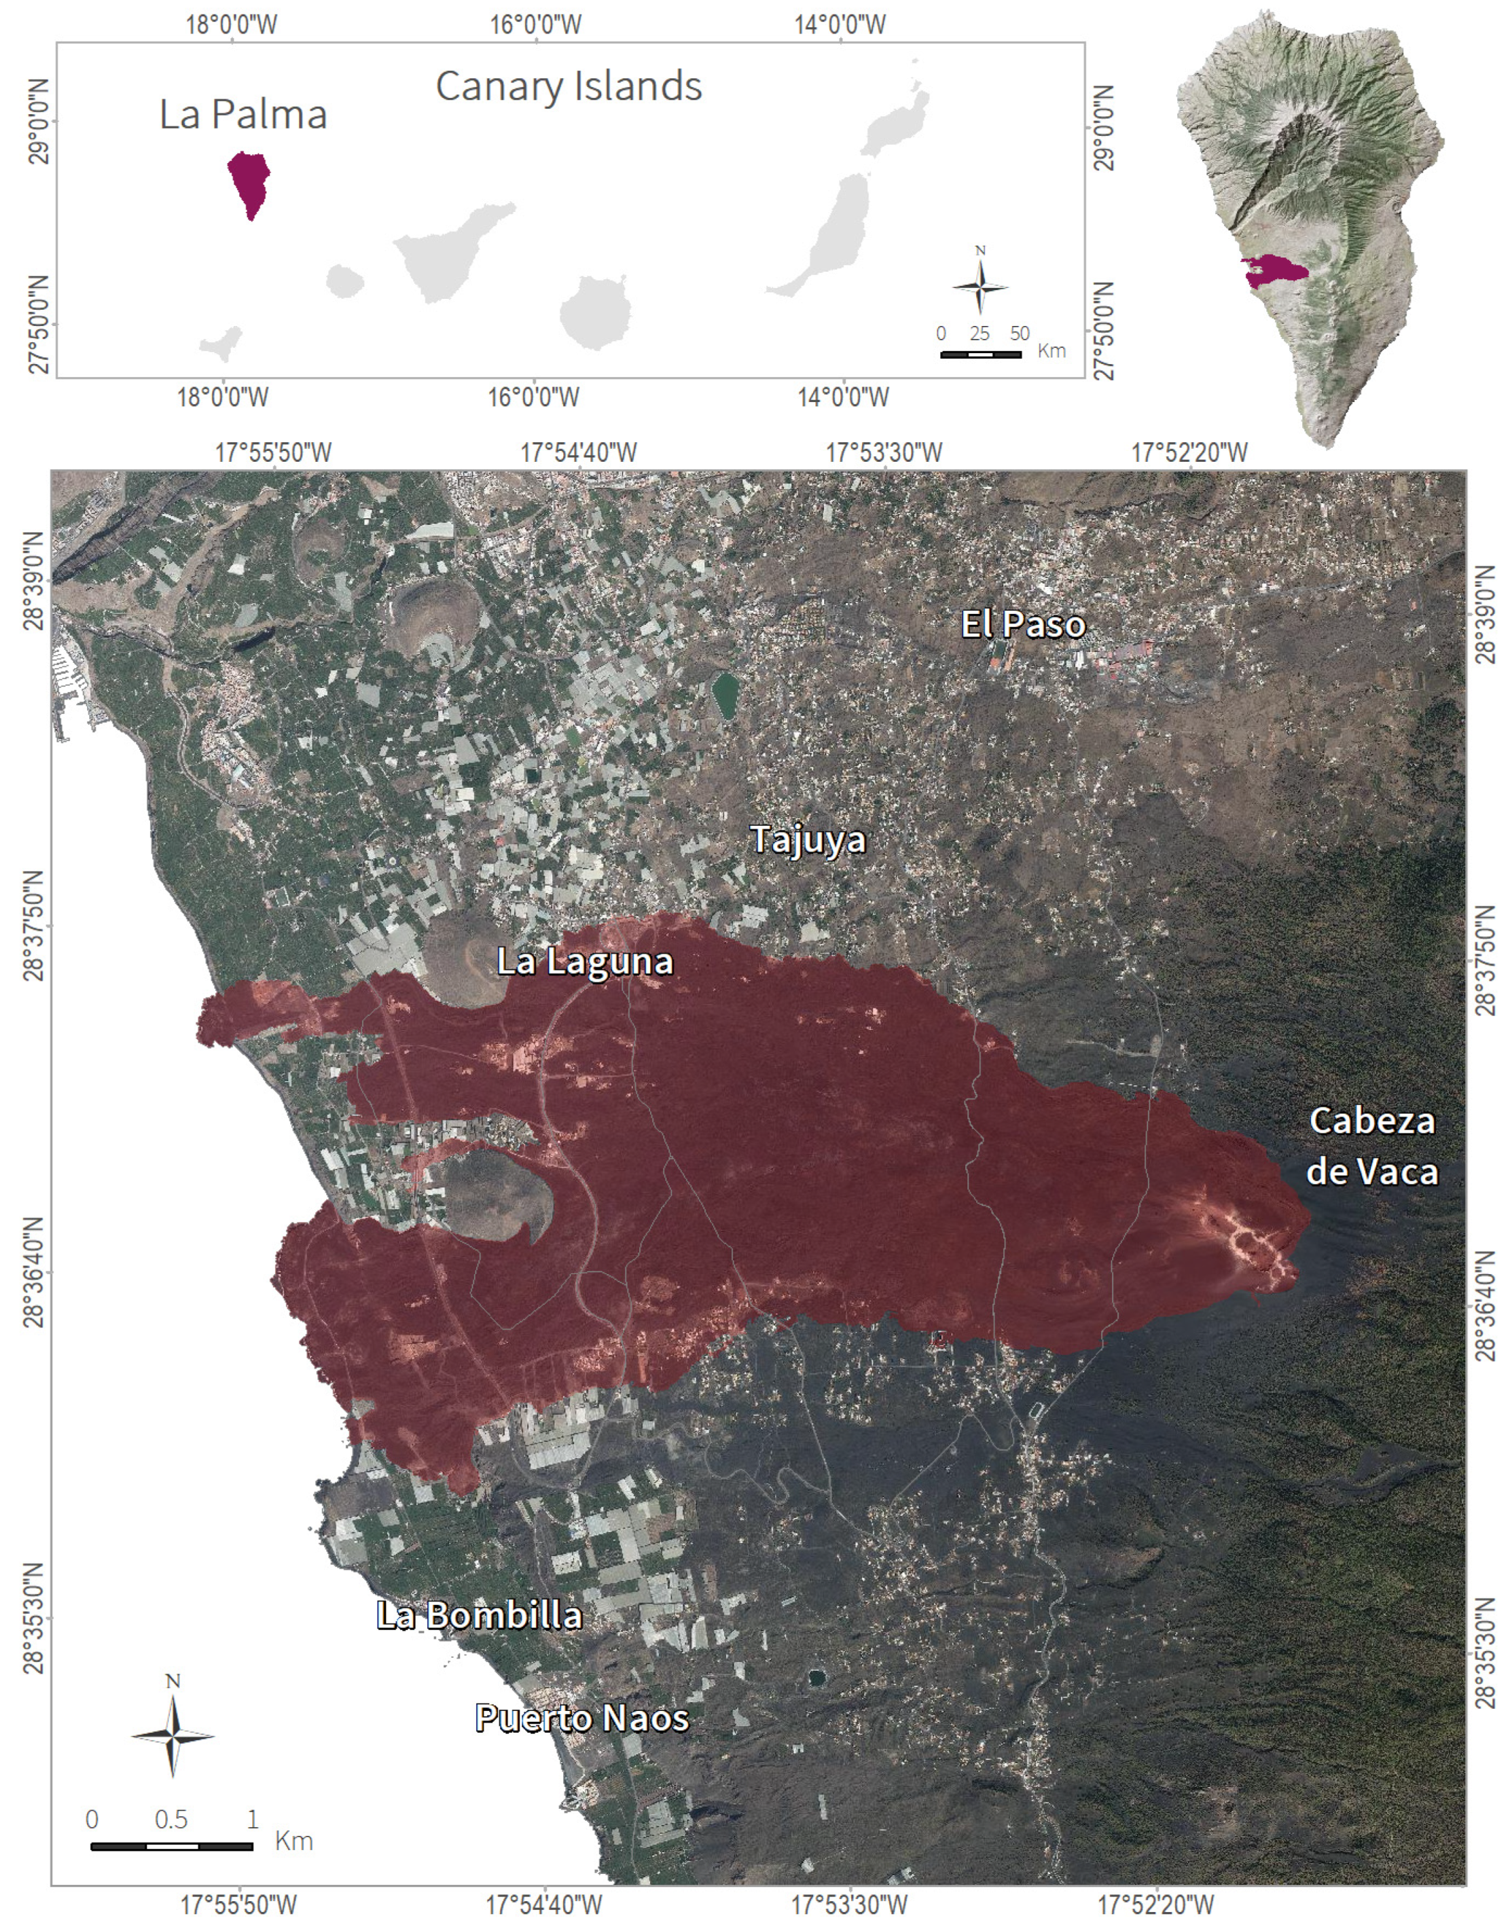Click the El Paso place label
coord(1024,625)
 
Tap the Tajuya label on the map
coord(808,839)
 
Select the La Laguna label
coord(584,961)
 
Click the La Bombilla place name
coord(479,1615)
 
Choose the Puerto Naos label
coord(581,1718)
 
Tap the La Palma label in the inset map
coord(243,114)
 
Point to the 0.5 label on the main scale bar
coord(171,1820)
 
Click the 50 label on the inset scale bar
coord(1020,333)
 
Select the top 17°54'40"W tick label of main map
coord(578,453)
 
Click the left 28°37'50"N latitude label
coord(33,926)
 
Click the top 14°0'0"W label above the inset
coord(840,24)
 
